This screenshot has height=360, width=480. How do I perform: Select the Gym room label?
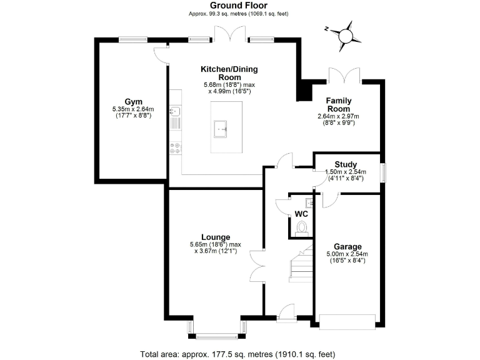[x=132, y=101]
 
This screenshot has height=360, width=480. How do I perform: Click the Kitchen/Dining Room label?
[x=229, y=73]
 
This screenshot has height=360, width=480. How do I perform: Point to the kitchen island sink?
[x=221, y=127]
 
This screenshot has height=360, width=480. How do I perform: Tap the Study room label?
[x=346, y=164]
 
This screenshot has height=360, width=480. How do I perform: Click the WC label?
[x=301, y=213]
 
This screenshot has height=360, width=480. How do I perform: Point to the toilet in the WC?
[x=302, y=227]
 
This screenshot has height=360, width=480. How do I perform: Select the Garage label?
[x=348, y=246]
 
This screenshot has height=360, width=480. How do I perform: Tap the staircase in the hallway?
[x=301, y=266]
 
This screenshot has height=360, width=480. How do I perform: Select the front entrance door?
[x=287, y=312]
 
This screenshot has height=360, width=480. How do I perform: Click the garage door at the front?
[x=347, y=321]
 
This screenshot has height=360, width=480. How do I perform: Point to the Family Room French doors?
[x=345, y=76]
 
